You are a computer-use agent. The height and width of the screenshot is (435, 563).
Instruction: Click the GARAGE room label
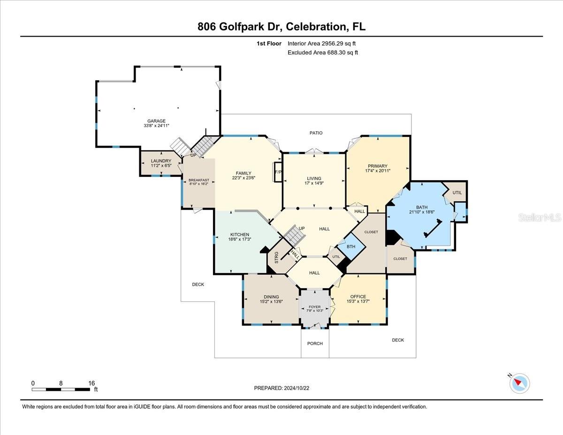coord(157,121)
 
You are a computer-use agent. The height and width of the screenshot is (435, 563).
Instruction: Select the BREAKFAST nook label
coord(198,180)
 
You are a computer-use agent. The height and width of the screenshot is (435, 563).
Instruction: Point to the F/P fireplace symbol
coord(277,172)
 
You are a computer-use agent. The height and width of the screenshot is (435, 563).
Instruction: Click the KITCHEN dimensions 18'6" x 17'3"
coord(239,240)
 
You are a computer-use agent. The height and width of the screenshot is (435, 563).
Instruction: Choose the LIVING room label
coord(314,178)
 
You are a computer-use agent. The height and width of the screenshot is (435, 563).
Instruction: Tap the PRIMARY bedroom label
coord(378,166)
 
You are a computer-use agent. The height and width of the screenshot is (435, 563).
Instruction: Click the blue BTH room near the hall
coord(350,247)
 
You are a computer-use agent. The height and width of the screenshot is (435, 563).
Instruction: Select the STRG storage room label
coord(276,257)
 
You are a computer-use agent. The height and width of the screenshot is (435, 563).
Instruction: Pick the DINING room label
coord(271,297)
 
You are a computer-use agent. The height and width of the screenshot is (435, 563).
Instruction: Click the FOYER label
coord(315,307)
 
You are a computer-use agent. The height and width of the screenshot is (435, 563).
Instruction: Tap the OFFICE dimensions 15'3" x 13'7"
coord(358,302)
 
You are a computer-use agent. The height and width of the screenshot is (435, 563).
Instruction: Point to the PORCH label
coord(315,343)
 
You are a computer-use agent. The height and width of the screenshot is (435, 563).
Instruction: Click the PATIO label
coord(316,133)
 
